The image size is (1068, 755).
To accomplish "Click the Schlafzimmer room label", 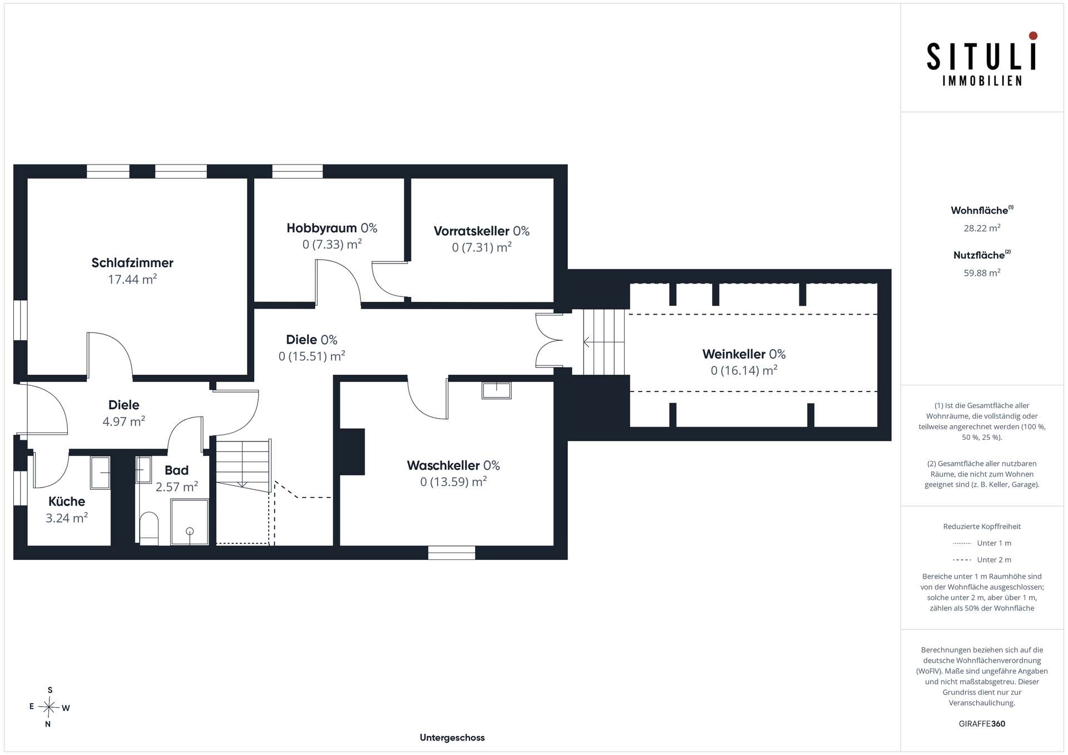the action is (x=132, y=263).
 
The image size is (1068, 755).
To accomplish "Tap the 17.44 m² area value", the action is (x=132, y=279).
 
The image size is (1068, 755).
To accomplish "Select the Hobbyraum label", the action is (x=322, y=229).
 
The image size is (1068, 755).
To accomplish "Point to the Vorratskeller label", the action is (x=472, y=231).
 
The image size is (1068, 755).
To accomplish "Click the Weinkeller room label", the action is (x=734, y=354).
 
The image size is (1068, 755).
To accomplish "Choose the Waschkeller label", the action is (x=443, y=465).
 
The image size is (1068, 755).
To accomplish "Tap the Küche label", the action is (x=67, y=501).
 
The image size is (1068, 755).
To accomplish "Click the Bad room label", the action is (x=176, y=470).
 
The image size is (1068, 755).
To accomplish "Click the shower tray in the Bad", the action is (x=190, y=522).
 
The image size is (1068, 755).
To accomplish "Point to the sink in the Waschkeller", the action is (x=496, y=390).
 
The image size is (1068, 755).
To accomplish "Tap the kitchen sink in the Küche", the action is (x=100, y=473).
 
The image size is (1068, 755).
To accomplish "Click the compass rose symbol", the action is (x=50, y=707).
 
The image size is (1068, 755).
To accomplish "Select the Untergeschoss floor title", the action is (x=452, y=738).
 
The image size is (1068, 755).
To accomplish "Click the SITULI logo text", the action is (x=982, y=57).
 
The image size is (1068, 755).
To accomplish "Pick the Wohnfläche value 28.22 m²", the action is (x=982, y=228).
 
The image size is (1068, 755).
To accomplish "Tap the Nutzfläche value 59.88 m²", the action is (x=982, y=272).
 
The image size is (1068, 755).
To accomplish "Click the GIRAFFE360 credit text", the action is (x=982, y=724).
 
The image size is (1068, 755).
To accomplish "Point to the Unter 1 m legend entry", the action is (x=982, y=543).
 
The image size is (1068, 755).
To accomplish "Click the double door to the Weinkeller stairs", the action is (x=550, y=340).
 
